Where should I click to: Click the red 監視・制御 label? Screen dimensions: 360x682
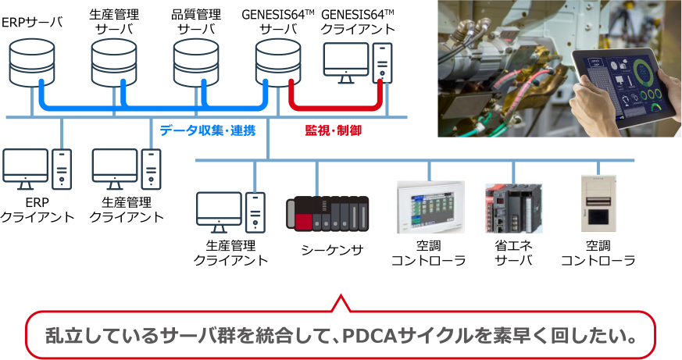point(333,130)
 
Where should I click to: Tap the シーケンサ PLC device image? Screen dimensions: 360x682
point(327,212)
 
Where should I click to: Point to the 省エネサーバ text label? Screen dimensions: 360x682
point(513,253)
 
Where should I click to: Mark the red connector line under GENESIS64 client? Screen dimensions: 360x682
point(336,106)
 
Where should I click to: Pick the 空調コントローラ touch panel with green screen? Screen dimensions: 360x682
point(430,207)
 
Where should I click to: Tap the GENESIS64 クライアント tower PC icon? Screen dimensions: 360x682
point(382,62)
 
